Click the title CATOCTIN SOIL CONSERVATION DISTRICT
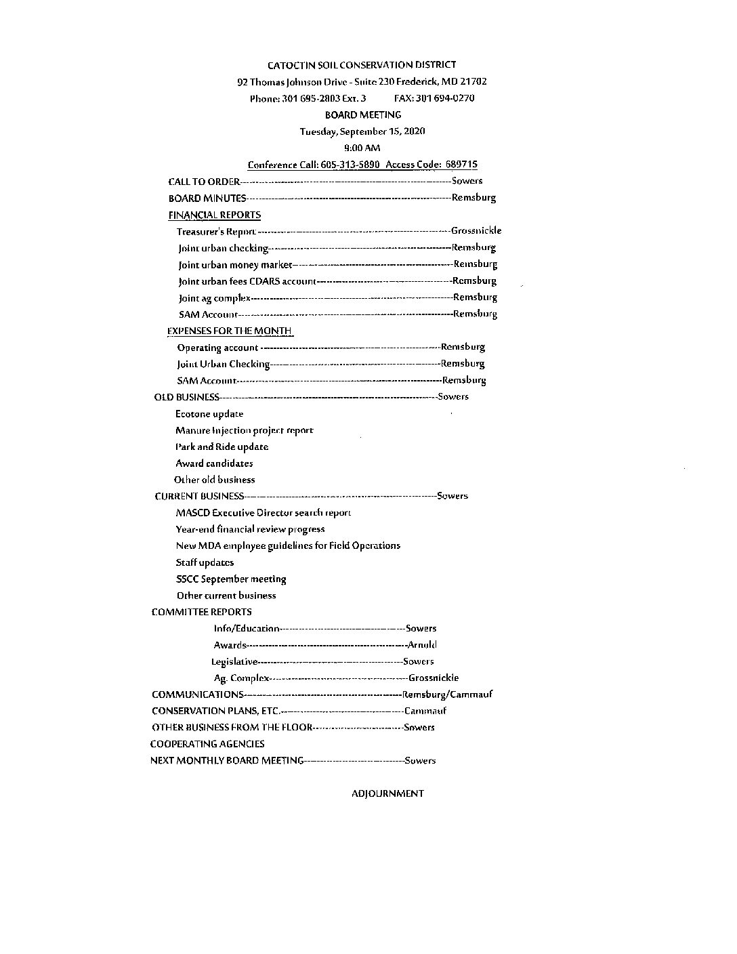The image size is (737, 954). click(x=362, y=65)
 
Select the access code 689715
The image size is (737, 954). click(x=461, y=165)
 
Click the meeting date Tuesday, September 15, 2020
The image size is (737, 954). click(x=362, y=131)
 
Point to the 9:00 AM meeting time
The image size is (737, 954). click(x=362, y=148)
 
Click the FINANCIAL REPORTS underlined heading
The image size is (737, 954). click(x=214, y=215)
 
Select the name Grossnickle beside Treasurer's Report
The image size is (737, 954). click(x=476, y=231)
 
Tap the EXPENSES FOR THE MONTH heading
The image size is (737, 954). click(x=230, y=331)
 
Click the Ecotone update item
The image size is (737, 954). click(x=209, y=414)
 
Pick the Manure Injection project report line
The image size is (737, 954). click(x=244, y=430)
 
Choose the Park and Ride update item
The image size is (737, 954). click(x=222, y=447)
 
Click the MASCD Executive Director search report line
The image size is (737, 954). click(x=263, y=513)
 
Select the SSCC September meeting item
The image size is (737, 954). click(x=231, y=579)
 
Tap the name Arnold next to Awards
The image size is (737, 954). click(x=422, y=645)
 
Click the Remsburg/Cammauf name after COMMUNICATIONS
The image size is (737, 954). click(x=447, y=694)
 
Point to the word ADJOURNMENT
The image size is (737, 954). click(x=387, y=793)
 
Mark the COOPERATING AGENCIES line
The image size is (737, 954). click(x=207, y=744)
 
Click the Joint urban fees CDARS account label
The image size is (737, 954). click(x=247, y=281)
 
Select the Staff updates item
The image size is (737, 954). click(x=205, y=562)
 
